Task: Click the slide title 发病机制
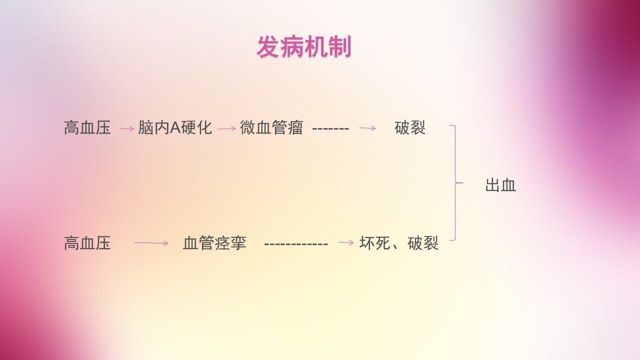coord(304,47)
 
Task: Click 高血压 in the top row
coord(87,127)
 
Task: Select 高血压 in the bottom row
coord(87,243)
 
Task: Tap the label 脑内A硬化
coord(175,127)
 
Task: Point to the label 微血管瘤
coord(271,127)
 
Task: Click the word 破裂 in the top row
coord(410,127)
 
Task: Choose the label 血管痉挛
coord(214,243)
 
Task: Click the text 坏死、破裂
coord(399,243)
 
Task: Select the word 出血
coord(501,185)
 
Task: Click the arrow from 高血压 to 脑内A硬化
coord(127,129)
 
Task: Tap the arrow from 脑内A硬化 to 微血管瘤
coord(226,129)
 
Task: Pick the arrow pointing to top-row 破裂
coord(367,128)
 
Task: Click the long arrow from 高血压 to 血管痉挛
coord(151,243)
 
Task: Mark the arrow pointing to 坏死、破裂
coord(346,243)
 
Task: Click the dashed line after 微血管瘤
coord(330,129)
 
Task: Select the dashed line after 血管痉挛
coord(296,244)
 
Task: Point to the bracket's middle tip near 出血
coord(463,182)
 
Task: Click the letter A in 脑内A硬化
coord(175,127)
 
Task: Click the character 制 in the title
coord(340,47)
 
